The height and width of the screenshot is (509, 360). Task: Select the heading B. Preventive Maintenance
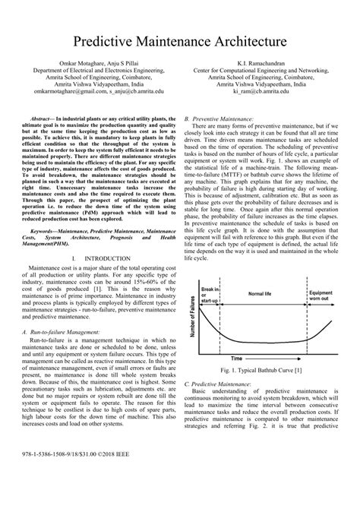coord(219,119)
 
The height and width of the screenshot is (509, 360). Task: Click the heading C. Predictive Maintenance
coord(219,387)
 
